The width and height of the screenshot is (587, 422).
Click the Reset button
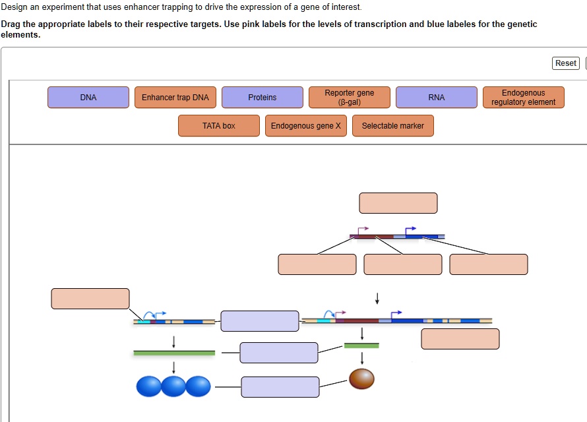(566, 63)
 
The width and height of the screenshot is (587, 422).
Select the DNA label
(88, 98)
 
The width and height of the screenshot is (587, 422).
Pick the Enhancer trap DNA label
(175, 98)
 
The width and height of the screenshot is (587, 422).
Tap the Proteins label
(263, 98)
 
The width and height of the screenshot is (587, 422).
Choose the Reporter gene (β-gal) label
(350, 98)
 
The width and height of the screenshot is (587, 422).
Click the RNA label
(437, 98)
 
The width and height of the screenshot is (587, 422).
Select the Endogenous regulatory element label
(524, 98)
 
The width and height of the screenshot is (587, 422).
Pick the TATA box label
(219, 126)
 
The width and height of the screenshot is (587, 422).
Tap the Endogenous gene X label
(306, 126)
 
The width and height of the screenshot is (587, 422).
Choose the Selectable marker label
(393, 126)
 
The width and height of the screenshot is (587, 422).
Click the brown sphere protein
(361, 378)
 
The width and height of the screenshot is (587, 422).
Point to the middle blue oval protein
(173, 386)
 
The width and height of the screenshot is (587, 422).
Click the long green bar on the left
(174, 353)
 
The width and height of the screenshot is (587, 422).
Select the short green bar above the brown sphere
(361, 346)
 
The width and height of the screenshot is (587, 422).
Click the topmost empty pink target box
(398, 203)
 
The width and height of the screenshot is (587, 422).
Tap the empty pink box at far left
(90, 299)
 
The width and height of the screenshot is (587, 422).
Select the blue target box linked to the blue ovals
(280, 387)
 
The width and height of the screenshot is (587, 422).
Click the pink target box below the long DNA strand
(460, 339)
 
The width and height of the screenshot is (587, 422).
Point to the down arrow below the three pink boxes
(377, 299)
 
